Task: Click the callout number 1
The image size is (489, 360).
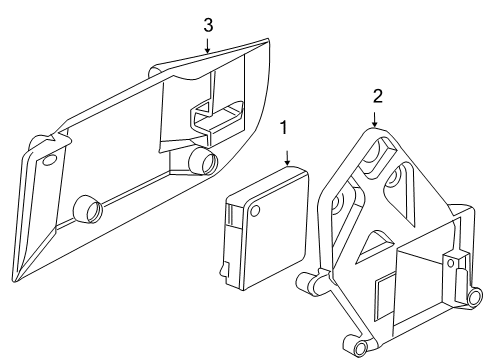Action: tap(286, 128)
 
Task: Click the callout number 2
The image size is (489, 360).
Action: tap(377, 96)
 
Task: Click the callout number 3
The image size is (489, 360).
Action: tap(207, 21)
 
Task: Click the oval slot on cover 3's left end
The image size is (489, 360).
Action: tap(47, 160)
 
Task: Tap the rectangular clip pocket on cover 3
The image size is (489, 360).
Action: tap(216, 118)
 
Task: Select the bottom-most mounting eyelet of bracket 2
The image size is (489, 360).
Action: tap(357, 348)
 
